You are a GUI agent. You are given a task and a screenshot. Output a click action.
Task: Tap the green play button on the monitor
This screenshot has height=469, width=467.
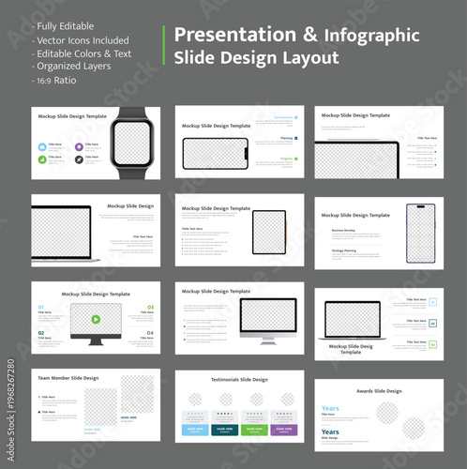95,319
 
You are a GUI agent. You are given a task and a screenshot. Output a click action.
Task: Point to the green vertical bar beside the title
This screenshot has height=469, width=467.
164,45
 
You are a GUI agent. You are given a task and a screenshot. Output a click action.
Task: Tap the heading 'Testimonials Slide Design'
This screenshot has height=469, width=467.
239,380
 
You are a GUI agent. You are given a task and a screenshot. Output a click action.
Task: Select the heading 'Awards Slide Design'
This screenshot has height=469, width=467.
379,391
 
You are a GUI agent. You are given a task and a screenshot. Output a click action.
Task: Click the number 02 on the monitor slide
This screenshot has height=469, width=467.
40,332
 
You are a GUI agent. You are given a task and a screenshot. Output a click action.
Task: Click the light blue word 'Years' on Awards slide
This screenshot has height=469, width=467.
330,409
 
